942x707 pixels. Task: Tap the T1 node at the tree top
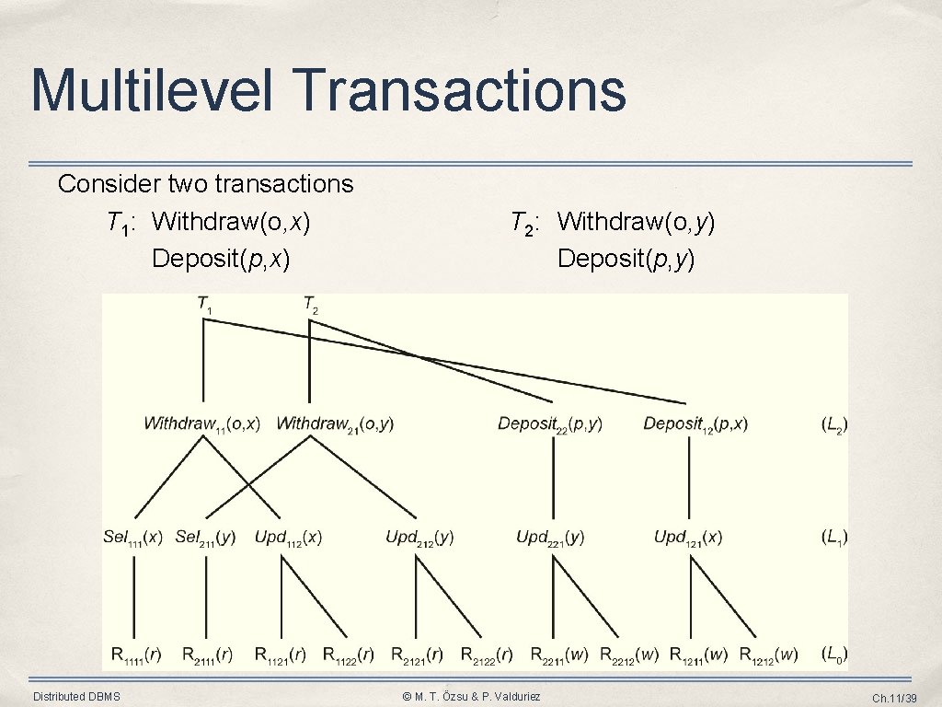(x=204, y=304)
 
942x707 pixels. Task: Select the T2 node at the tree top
(x=311, y=304)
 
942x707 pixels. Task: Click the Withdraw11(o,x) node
(x=201, y=424)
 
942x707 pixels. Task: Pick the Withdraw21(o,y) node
(x=335, y=424)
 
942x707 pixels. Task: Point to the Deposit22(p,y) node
(x=550, y=424)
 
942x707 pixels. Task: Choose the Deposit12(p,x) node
(x=695, y=424)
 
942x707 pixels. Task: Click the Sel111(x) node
(x=132, y=538)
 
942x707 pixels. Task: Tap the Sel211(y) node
(x=205, y=538)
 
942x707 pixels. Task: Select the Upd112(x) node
(x=288, y=538)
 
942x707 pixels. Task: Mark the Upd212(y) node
(x=419, y=538)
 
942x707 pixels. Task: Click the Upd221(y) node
(x=550, y=538)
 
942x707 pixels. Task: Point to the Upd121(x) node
(x=688, y=538)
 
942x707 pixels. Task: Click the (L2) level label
(x=833, y=424)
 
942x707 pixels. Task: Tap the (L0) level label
(x=833, y=655)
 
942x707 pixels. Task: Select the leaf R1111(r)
(x=136, y=655)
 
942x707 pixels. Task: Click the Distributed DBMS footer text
(x=76, y=696)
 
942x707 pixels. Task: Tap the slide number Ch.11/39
(x=894, y=698)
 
